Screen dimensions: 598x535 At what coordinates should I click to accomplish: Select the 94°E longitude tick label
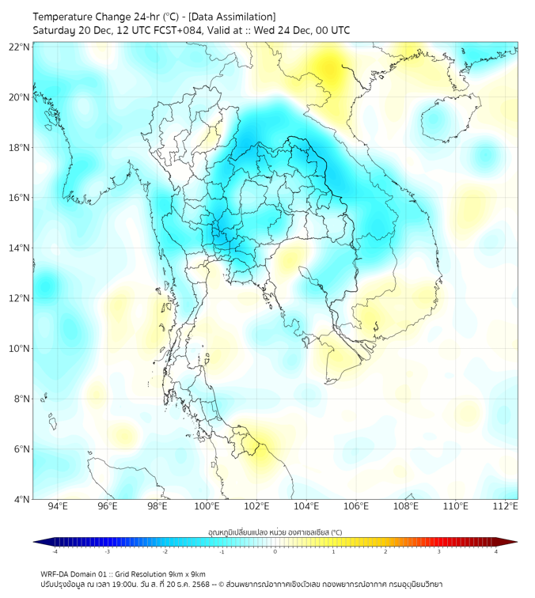pos(58,507)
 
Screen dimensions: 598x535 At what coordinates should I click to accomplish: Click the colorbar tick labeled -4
pos(54,551)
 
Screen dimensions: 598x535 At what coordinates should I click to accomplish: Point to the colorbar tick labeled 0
pos(275,551)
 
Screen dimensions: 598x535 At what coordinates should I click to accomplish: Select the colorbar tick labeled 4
pos(496,551)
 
